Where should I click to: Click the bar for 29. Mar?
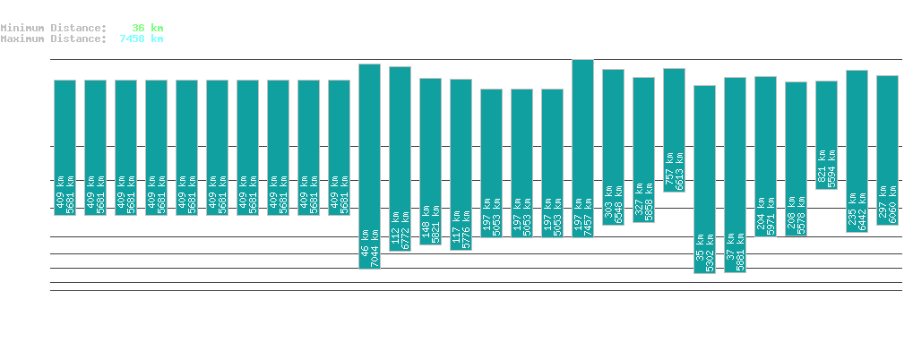[x=369, y=166]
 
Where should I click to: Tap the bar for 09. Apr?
[x=704, y=179]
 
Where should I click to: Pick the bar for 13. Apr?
[x=826, y=134]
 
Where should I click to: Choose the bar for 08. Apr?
[x=674, y=130]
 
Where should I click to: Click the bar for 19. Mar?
[x=65, y=148]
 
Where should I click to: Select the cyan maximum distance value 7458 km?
[x=141, y=39]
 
